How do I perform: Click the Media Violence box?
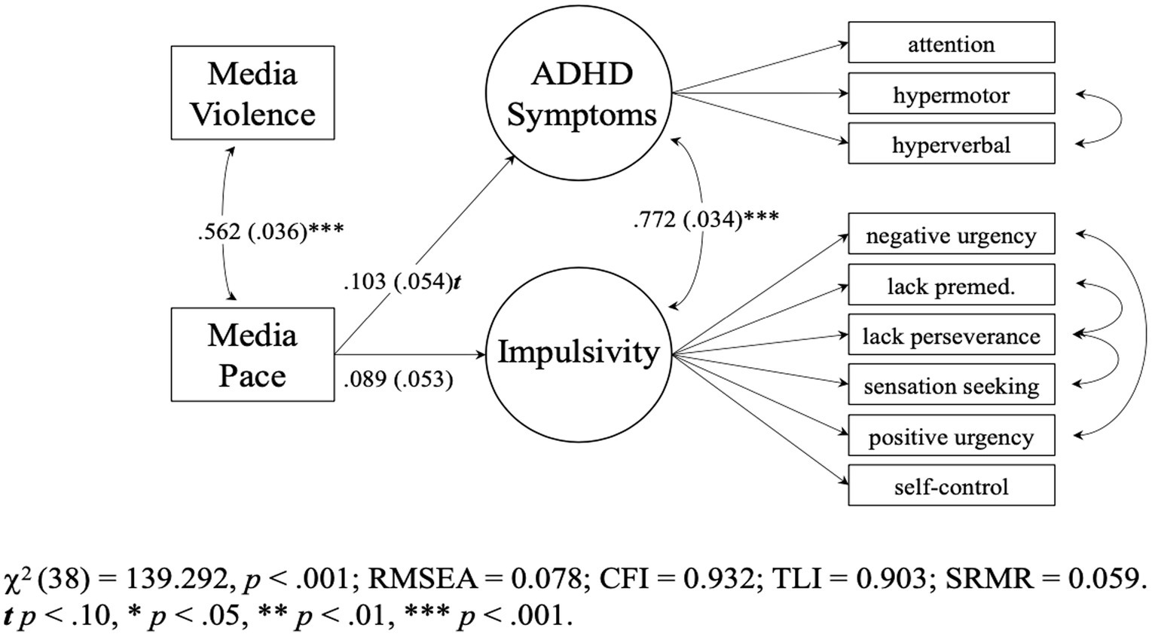(252, 93)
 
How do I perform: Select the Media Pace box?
(252, 354)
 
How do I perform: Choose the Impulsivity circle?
(578, 352)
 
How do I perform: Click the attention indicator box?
(951, 43)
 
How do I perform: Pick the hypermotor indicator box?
(951, 94)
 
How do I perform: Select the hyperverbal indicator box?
(951, 144)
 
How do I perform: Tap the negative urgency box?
(951, 235)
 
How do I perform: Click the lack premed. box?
(951, 286)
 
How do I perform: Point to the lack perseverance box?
(951, 335)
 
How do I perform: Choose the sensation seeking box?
(951, 386)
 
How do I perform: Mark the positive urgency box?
(951, 436)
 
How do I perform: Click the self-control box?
(951, 486)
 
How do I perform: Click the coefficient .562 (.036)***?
(270, 231)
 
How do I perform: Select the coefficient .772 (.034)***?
(706, 219)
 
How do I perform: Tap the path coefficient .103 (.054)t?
(402, 282)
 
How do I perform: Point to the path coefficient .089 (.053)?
(399, 378)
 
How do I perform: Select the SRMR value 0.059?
(1102, 578)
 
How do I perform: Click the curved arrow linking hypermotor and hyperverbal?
(1121, 119)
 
